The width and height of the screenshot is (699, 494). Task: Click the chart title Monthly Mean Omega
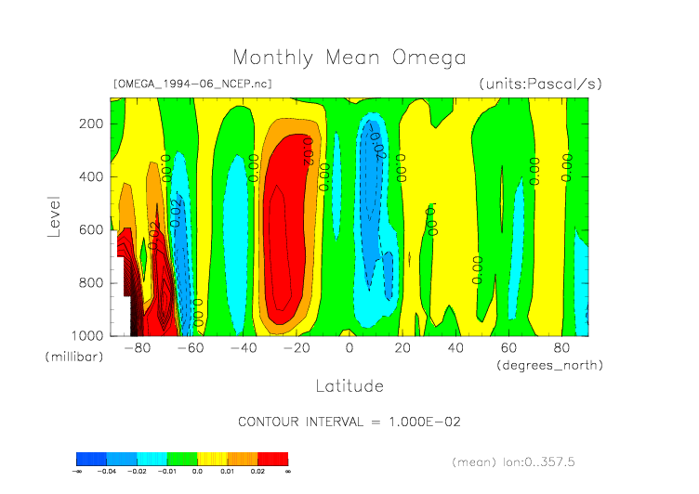click(x=349, y=58)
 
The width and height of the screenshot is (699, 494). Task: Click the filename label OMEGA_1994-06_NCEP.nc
click(x=192, y=84)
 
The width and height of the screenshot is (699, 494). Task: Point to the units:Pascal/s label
click(x=540, y=84)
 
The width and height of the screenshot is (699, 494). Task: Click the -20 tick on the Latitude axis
click(x=297, y=348)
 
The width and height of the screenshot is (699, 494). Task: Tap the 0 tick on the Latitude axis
click(x=349, y=348)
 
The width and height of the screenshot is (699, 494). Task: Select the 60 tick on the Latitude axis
click(x=508, y=348)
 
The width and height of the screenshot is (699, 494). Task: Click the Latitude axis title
click(x=349, y=384)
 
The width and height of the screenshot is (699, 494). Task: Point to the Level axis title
click(x=55, y=216)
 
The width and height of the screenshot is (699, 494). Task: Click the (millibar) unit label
click(x=73, y=357)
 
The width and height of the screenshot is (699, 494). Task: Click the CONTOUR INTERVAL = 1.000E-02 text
click(x=349, y=422)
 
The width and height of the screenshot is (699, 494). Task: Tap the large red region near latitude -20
click(x=288, y=232)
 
